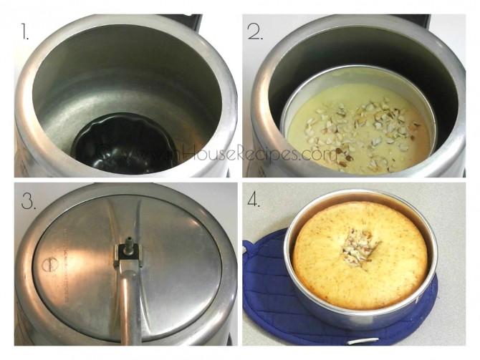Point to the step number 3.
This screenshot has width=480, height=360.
pos(29,203)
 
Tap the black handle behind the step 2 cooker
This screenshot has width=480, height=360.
pos(423,19)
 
